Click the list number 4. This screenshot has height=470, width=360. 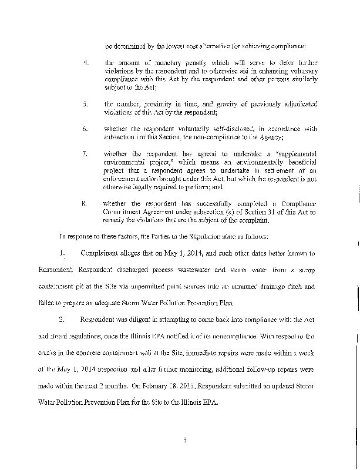pyautogui.click(x=86, y=62)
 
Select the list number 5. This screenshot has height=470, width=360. pyautogui.click(x=86, y=103)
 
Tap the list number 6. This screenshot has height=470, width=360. pyautogui.click(x=86, y=129)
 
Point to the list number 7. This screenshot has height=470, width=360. pyautogui.click(x=86, y=153)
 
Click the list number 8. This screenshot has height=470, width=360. pyautogui.click(x=86, y=203)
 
